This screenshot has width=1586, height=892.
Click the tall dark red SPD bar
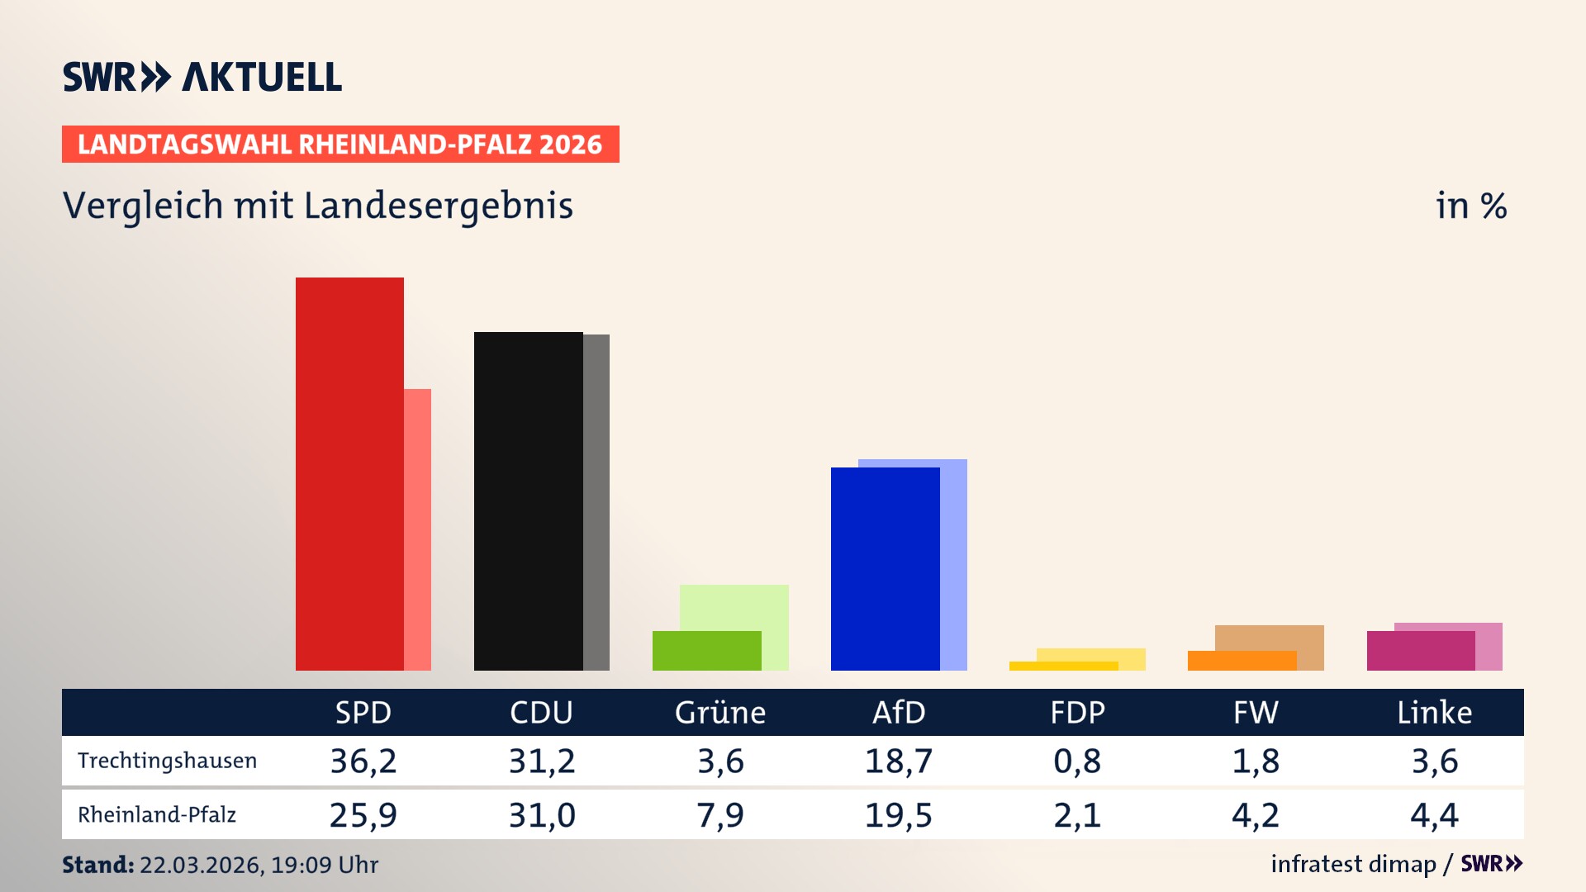[349, 473]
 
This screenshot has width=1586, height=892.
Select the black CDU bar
[528, 501]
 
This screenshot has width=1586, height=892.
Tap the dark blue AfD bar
[885, 568]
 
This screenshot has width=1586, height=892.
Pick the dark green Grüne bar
[706, 651]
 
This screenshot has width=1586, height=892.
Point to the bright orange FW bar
[1242, 661]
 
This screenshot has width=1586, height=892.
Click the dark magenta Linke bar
[1420, 651]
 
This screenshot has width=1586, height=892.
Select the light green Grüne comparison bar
[734, 607]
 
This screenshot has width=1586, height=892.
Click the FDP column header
[1077, 713]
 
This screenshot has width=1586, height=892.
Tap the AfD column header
[899, 713]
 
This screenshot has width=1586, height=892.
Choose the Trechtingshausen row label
[167, 761]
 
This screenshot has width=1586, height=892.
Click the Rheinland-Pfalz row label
[157, 815]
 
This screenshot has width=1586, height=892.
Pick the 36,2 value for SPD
[363, 761]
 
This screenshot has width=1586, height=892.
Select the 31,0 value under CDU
[542, 815]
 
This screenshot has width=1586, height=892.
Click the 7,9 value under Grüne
[720, 815]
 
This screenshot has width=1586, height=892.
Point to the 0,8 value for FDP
[1077, 761]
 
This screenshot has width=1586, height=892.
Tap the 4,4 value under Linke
[1434, 815]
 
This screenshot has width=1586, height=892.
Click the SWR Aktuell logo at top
[202, 77]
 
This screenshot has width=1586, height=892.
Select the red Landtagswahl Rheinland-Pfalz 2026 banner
[340, 145]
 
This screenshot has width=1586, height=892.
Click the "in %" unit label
[1470, 206]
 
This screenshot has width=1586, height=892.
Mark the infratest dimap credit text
[1353, 864]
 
